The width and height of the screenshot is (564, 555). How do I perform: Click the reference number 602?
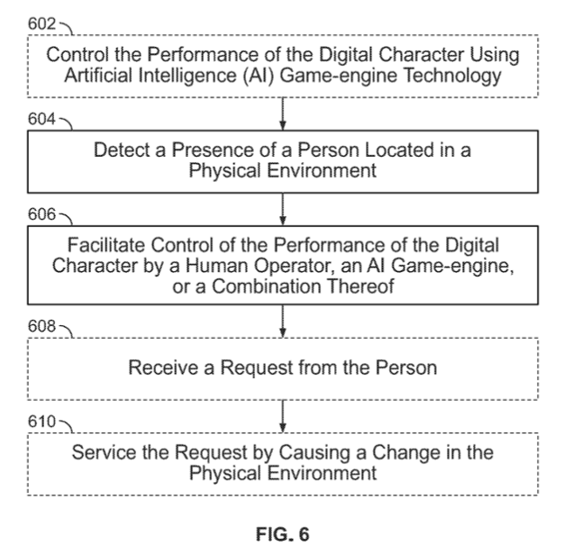pos(41,23)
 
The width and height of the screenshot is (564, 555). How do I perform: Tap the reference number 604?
pos(41,119)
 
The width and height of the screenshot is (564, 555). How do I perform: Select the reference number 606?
pos(41,214)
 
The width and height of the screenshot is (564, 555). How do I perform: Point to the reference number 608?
pos(41,326)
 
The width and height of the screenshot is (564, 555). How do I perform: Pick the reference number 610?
pos(41,422)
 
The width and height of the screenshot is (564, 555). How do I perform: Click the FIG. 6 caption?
pos(282,534)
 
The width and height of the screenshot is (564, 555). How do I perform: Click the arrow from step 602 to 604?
pos(283,114)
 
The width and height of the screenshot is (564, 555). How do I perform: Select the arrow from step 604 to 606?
pos(283,209)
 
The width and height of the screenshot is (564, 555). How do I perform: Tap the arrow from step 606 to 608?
pos(283,322)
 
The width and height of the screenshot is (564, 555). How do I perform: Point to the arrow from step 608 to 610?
pos(283,416)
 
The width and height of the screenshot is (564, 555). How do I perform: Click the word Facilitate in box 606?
pos(106,245)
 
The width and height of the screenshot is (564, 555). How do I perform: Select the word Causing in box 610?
pos(314,453)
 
